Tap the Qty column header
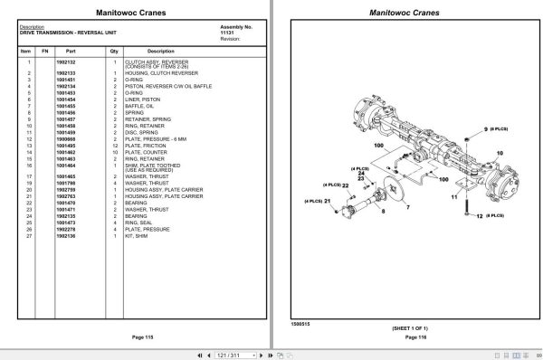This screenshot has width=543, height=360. point(115,51)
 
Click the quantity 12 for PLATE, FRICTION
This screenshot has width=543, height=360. point(115,146)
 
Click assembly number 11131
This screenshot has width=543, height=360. point(227,33)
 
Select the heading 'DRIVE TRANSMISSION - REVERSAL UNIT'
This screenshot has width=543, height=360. point(69,33)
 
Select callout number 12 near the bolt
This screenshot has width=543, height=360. point(477,216)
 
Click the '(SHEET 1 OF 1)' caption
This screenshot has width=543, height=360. point(403,328)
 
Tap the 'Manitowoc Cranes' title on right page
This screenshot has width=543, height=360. point(403,13)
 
